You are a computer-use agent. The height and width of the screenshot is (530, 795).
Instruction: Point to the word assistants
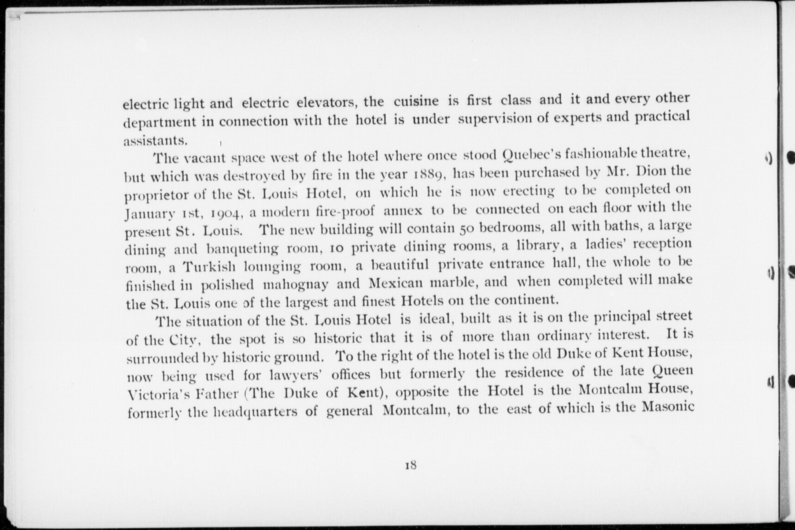155,140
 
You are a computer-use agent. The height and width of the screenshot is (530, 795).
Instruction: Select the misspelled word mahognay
295,284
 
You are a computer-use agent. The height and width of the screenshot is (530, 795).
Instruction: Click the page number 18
410,465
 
